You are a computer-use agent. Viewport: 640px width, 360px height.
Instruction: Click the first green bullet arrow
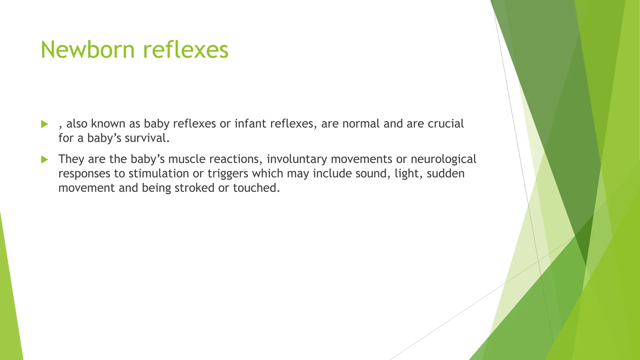pyautogui.click(x=44, y=124)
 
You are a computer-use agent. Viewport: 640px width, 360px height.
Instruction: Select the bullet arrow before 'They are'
pyautogui.click(x=44, y=160)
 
